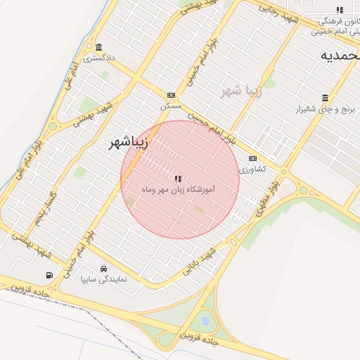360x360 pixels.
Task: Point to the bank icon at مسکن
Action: tap(171, 95)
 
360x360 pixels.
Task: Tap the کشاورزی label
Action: tap(252, 169)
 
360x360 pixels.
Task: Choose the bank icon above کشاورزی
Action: tap(253, 158)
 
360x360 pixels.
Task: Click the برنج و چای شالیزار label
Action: tap(326, 110)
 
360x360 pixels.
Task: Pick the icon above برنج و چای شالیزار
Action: tap(325, 98)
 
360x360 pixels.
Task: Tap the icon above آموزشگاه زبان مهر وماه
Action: tap(178, 179)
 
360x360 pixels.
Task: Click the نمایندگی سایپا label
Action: tap(103, 280)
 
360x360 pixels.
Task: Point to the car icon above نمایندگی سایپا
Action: tap(104, 269)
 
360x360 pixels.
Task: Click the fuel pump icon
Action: tap(49, 275)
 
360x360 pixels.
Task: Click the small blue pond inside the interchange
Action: tap(205, 321)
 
